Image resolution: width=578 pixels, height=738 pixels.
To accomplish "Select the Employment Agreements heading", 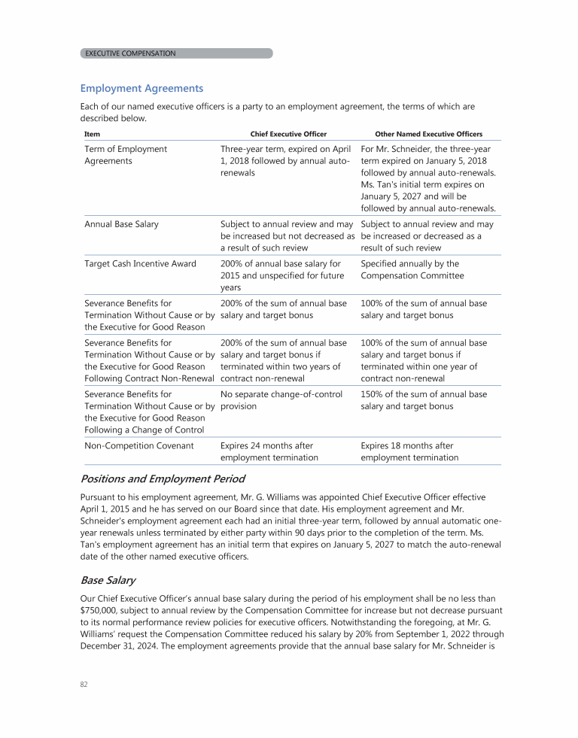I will click(141, 89).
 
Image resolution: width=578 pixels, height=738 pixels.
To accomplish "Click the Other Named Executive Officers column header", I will click(428, 134).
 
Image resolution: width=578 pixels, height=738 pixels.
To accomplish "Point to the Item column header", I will click(91, 134).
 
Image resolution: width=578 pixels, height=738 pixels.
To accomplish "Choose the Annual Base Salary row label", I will click(121, 224).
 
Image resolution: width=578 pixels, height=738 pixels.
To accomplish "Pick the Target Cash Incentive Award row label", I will click(140, 264).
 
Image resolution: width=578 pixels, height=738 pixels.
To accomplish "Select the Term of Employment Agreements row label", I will click(126, 155).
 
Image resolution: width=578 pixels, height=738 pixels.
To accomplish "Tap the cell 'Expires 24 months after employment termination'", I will click(269, 451).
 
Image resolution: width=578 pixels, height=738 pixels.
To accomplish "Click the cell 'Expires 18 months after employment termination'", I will click(409, 451).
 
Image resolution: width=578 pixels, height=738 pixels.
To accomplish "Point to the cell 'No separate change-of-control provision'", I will click(281, 400).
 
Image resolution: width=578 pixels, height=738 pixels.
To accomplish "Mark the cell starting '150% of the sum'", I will click(424, 400).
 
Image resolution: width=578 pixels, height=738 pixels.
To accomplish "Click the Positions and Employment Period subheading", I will click(162, 478).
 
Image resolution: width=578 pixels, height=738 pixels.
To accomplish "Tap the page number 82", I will click(84, 685).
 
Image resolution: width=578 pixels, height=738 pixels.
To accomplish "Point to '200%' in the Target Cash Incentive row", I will click(233, 264).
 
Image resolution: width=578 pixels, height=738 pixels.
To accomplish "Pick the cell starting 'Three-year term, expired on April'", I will click(285, 161).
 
